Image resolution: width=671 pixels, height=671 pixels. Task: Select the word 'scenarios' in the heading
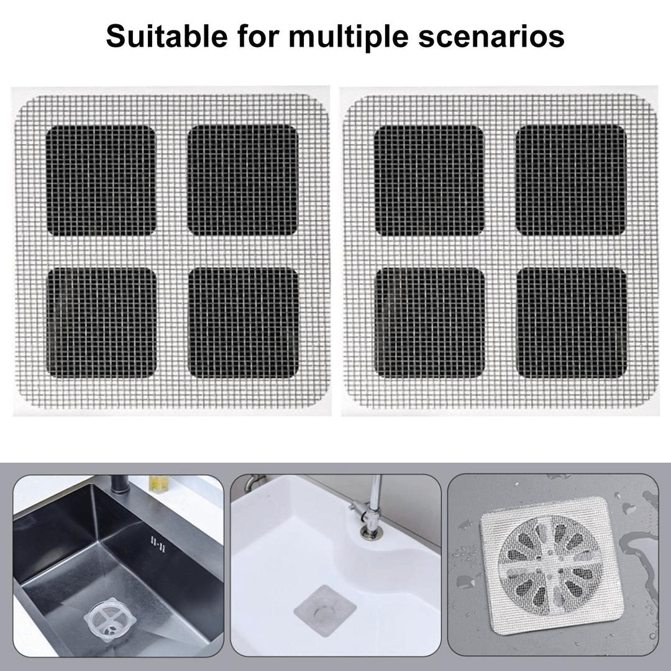[510, 36]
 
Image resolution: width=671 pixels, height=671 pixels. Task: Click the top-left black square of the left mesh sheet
[101, 180]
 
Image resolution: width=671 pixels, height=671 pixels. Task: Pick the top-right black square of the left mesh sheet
[243, 180]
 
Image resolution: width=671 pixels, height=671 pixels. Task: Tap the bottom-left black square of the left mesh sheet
[101, 322]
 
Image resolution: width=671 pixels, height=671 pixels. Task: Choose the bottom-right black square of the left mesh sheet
[244, 322]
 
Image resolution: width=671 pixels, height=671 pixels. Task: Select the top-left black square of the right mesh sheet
[429, 180]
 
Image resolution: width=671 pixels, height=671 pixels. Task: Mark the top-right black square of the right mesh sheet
[571, 180]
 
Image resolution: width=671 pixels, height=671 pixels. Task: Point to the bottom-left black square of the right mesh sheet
[429, 322]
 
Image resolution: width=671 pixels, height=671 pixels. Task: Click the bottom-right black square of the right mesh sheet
[572, 322]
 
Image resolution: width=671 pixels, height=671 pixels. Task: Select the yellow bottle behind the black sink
[160, 484]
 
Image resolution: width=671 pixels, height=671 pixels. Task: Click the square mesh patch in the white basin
[324, 608]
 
